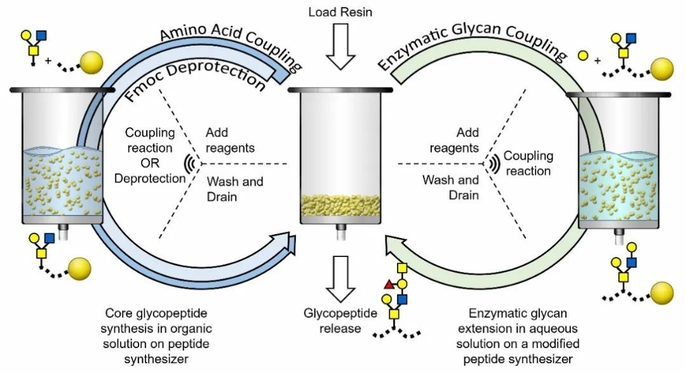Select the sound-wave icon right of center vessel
(x=493, y=164)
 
